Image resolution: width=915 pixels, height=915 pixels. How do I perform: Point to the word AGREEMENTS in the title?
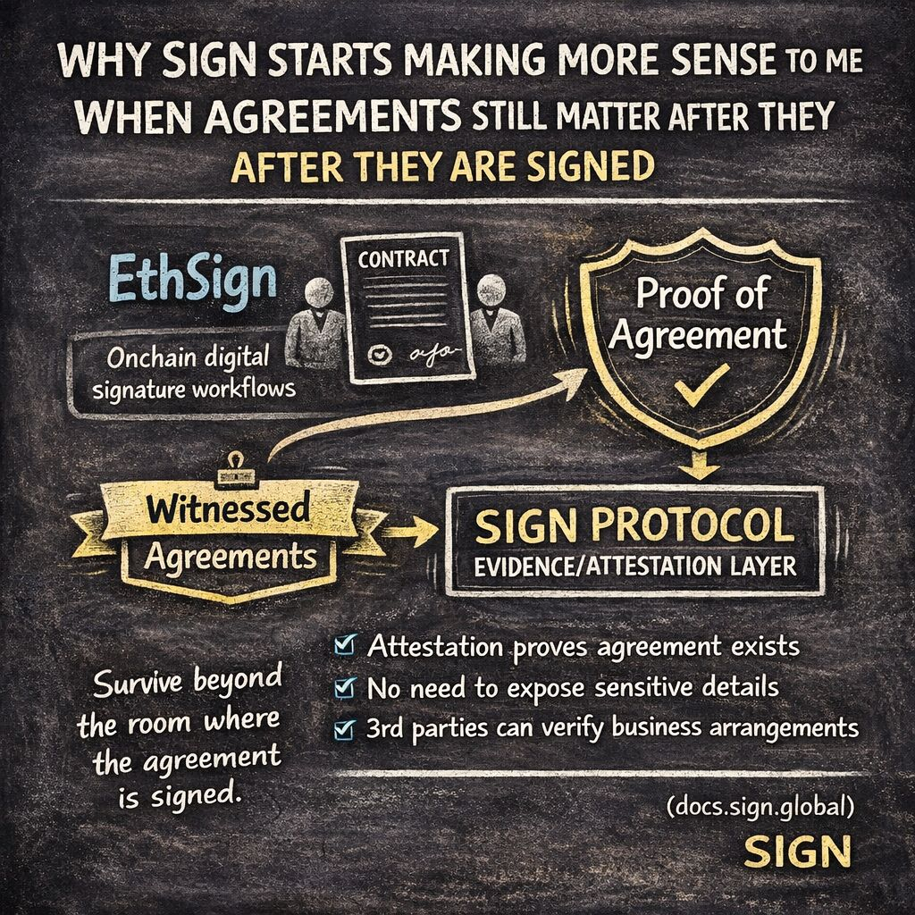click(256, 118)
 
